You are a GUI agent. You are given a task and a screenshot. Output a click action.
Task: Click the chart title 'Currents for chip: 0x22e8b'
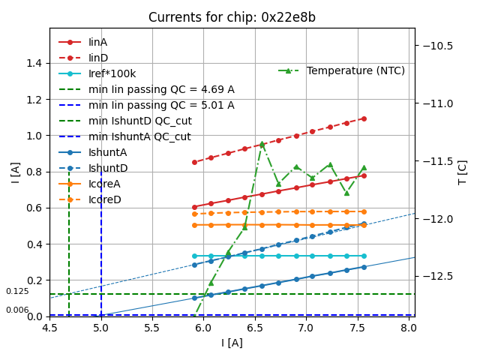232,17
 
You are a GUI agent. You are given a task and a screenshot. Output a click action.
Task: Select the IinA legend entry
98,42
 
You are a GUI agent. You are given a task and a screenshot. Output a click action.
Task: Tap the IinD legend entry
98,58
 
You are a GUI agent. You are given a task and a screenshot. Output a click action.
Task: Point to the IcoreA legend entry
104,184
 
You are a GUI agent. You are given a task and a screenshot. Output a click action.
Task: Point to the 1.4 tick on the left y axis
33,63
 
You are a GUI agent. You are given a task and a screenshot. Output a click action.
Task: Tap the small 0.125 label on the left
17,291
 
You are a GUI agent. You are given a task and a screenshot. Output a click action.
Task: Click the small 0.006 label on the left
17,310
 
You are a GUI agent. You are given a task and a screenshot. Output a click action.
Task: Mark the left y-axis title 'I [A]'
15,172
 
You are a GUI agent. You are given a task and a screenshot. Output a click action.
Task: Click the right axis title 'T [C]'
462,172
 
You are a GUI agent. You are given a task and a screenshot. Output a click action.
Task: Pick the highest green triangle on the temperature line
262,144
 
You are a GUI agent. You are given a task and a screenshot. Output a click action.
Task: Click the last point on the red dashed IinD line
364,118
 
